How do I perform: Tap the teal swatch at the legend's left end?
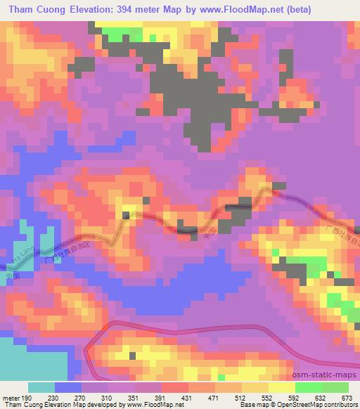(x=41, y=387)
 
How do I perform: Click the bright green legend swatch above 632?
(x=307, y=387)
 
